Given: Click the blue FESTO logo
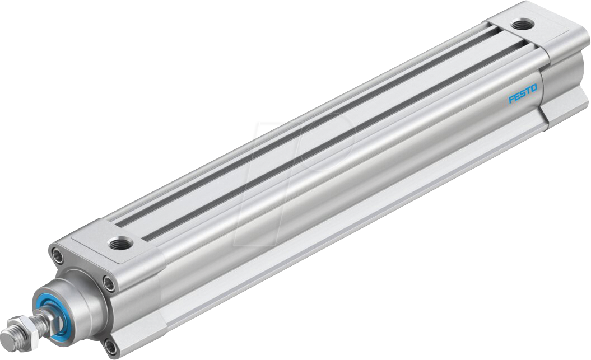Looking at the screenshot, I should pos(522,93).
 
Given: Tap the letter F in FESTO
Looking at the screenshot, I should pos(511,100).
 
